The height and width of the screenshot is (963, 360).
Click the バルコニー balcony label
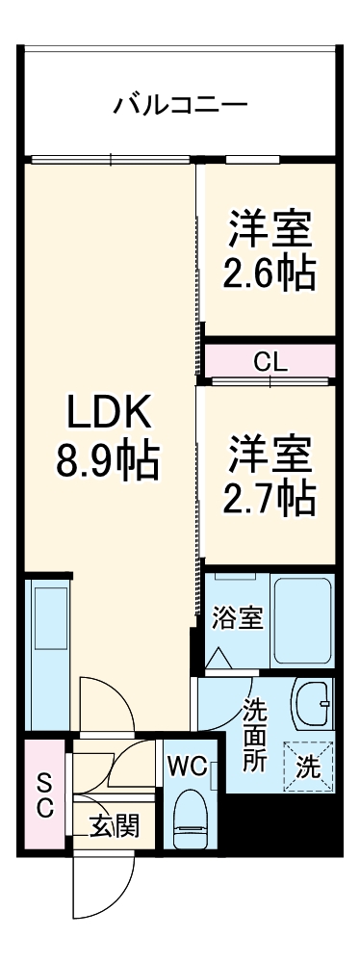click(x=180, y=103)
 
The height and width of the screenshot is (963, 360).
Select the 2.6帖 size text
click(x=270, y=274)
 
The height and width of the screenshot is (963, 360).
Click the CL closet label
click(x=270, y=362)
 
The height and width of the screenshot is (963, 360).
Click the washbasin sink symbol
click(x=312, y=707)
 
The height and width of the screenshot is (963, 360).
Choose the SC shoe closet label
click(x=44, y=794)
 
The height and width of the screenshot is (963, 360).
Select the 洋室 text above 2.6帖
click(x=270, y=231)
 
